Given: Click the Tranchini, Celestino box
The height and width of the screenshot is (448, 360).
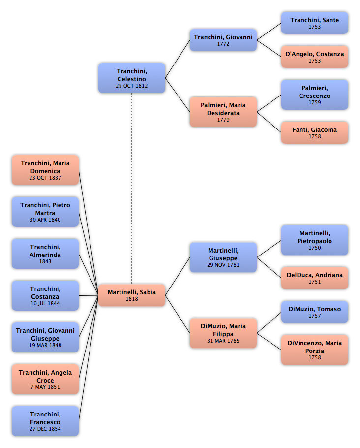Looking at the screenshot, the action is [x=132, y=78].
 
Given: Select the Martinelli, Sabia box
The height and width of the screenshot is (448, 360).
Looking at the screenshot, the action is [x=132, y=295].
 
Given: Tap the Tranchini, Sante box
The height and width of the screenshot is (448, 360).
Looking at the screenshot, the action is [x=315, y=23].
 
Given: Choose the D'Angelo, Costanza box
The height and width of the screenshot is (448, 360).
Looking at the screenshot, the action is [x=315, y=57].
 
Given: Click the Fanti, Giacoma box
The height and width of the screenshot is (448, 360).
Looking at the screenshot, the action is [x=315, y=132].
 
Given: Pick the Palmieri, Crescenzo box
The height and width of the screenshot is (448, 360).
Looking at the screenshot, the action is [x=315, y=95].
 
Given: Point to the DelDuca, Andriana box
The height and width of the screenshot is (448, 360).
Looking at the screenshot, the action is [x=315, y=278].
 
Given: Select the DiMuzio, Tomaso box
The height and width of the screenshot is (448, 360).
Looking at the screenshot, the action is [x=315, y=312].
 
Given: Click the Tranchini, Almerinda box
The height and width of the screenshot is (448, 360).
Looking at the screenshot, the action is [x=45, y=254].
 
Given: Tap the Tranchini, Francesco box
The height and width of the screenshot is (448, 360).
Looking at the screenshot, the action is [x=45, y=421].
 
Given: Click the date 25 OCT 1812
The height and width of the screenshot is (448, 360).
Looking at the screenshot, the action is [x=132, y=86].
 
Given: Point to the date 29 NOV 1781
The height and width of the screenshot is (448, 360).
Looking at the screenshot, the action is [x=223, y=265].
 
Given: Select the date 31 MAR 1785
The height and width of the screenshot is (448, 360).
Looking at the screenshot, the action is [x=223, y=341].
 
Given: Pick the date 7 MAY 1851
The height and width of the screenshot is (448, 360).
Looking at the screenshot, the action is [x=45, y=387].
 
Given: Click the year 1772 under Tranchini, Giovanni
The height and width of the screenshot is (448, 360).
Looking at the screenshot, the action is [x=223, y=44].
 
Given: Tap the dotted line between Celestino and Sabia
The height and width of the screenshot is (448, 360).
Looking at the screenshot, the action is [x=132, y=189].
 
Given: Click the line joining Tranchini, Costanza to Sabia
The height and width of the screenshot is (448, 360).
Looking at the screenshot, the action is [x=89, y=295].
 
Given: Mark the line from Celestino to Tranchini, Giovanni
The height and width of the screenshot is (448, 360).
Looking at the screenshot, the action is [x=178, y=59].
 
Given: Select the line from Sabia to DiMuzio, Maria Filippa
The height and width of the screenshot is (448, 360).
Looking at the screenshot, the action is [x=178, y=314].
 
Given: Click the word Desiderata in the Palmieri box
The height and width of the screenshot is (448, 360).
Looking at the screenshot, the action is [x=223, y=113].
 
